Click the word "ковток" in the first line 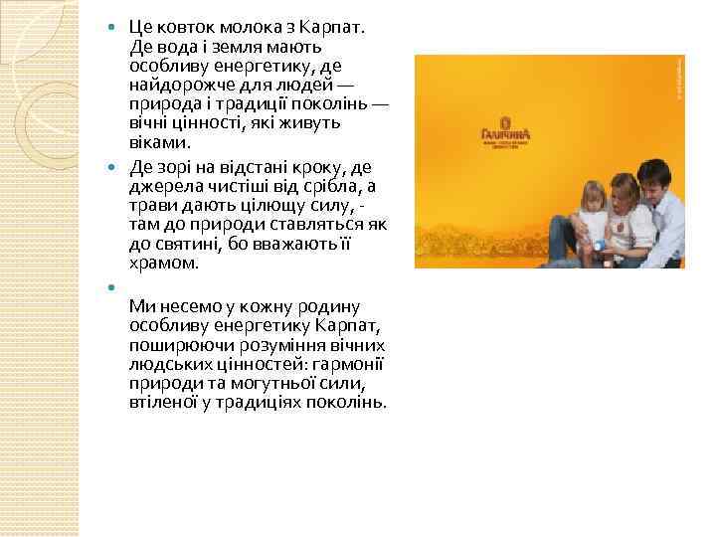[x=184, y=25]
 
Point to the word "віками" [x=159, y=143]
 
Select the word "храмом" [x=164, y=263]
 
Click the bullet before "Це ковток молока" [x=112, y=26]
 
